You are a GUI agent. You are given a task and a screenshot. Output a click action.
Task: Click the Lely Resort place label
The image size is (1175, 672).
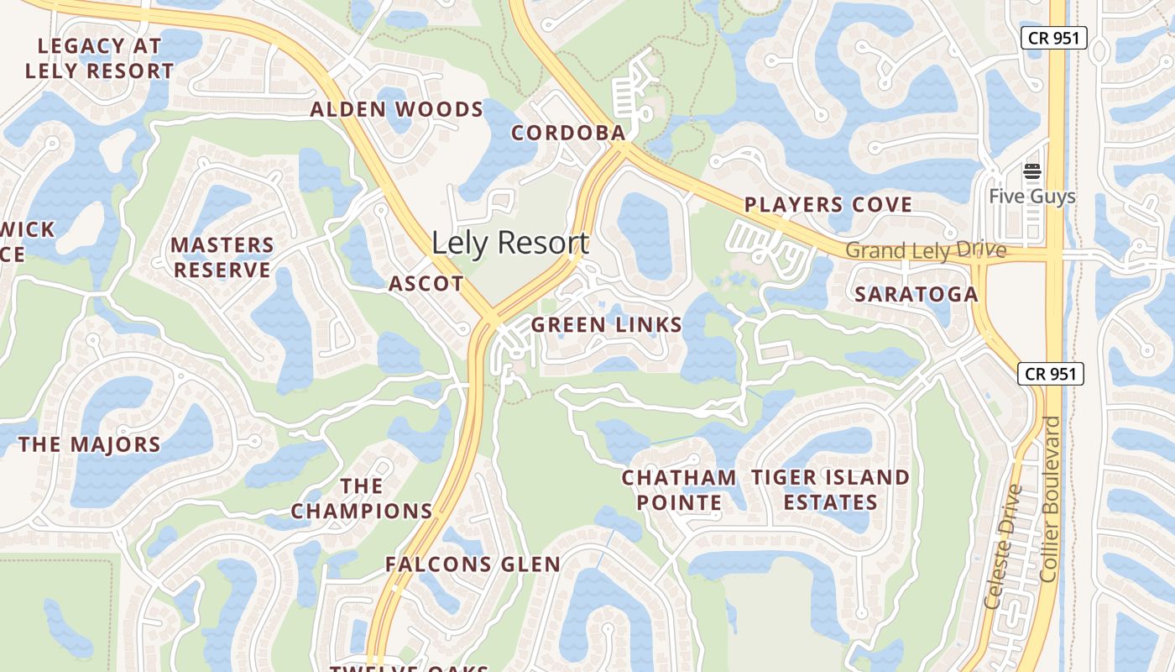click(x=510, y=243)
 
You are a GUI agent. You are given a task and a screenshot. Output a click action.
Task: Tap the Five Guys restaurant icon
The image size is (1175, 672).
click(x=1031, y=172)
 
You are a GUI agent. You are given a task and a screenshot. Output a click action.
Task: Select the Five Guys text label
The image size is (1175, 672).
click(x=1031, y=197)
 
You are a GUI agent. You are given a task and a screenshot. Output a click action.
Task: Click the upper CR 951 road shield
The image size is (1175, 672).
click(x=1054, y=38)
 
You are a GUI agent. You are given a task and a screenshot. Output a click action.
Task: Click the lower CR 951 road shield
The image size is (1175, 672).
click(x=1051, y=374)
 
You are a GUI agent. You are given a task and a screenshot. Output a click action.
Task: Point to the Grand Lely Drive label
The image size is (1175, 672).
click(x=926, y=250)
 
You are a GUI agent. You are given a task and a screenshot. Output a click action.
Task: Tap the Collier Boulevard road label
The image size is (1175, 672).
click(x=1049, y=499)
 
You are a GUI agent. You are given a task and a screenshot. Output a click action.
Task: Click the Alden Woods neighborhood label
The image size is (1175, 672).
click(x=397, y=109)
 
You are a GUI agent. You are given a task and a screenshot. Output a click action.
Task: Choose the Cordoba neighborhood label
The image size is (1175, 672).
click(x=568, y=133)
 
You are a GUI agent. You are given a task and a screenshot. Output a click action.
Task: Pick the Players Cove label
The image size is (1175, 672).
click(x=828, y=204)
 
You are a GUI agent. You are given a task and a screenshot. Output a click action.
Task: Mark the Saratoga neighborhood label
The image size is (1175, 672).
click(x=916, y=294)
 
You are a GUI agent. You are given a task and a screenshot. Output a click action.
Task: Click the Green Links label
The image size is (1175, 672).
click(x=607, y=325)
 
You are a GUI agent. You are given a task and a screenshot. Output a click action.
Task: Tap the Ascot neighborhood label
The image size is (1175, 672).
click(x=426, y=284)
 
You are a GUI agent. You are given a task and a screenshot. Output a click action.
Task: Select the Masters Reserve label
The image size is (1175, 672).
click(x=222, y=258)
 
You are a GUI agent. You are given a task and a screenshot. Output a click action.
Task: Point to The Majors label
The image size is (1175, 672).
click(x=90, y=444)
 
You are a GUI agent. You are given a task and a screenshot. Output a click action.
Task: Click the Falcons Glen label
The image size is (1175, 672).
click(x=473, y=564)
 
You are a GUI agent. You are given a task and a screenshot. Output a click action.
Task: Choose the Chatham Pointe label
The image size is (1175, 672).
click(x=679, y=490)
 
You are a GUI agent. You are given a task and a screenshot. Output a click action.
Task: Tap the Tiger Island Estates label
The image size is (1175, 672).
click(x=830, y=490)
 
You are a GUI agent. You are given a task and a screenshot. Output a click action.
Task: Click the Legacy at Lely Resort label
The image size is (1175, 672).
click(x=100, y=58)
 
